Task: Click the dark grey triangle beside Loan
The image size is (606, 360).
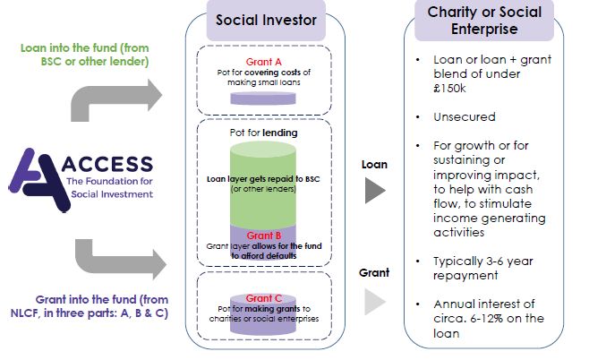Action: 376,191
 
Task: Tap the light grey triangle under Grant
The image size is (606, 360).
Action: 375,305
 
